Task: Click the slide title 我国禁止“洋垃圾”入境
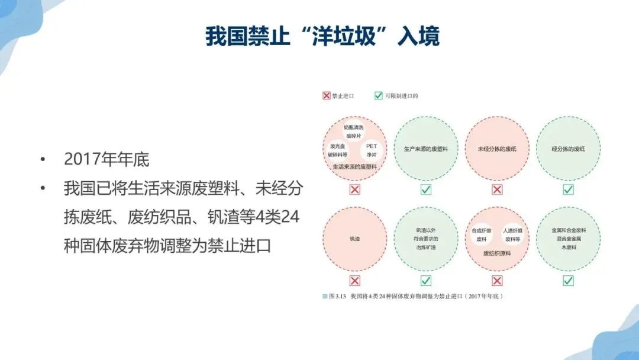coord(322,37)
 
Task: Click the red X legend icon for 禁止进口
coord(326,95)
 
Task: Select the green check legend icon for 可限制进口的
coord(379,95)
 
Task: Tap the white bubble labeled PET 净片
coord(372,150)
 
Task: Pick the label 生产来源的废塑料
coord(426,149)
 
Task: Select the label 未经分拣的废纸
coord(497,149)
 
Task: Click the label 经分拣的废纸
coord(568,149)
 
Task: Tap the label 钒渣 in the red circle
coord(355,239)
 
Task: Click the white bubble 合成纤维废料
coord(480,234)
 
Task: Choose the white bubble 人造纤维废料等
coord(512,234)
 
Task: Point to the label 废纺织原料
coord(497,253)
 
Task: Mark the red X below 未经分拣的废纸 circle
coord(497,189)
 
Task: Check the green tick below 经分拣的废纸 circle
coord(568,189)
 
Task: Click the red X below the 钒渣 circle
coord(355,281)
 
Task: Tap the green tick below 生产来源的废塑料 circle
coord(426,189)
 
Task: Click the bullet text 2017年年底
coord(106,159)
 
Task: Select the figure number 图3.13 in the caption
coord(337,295)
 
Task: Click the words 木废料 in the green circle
coord(568,247)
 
